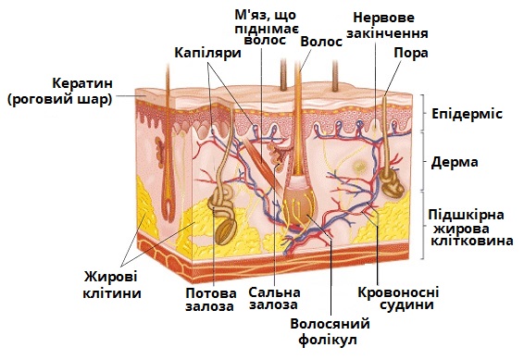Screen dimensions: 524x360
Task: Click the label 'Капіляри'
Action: click(206, 53)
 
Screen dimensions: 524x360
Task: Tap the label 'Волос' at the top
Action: click(321, 41)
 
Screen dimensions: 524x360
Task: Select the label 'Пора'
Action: click(409, 53)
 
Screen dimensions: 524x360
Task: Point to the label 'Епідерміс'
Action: click(467, 114)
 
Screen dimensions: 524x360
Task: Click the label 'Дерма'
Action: click(455, 162)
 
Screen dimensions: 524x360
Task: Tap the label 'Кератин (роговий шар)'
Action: click(57, 91)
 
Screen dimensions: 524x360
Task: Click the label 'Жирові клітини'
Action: click(111, 285)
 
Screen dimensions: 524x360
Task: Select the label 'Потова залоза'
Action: click(210, 298)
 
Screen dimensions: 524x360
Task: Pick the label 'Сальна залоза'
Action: click(273, 298)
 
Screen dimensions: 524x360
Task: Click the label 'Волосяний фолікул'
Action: click(330, 331)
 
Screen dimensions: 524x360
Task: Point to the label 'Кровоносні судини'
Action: click(398, 298)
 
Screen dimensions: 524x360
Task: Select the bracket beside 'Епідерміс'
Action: click(422, 113)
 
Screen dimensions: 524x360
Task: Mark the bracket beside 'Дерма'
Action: click(422, 161)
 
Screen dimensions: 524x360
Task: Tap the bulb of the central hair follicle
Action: click(299, 209)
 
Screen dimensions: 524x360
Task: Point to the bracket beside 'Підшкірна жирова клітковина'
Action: click(422, 226)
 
